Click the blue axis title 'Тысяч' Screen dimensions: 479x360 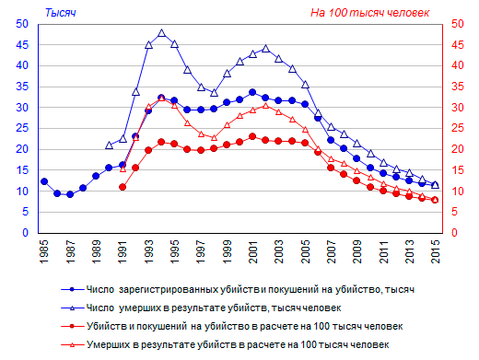pyautogui.click(x=61, y=13)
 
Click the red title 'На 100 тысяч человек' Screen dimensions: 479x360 pyautogui.click(x=369, y=13)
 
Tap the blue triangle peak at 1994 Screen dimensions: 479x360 pyautogui.click(x=162, y=33)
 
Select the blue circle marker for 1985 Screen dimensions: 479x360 pyautogui.click(x=44, y=181)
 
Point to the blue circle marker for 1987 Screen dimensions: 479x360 pyautogui.click(x=70, y=194)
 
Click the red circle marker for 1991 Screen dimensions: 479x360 pyautogui.click(x=123, y=187)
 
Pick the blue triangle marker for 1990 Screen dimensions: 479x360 pyautogui.click(x=110, y=145)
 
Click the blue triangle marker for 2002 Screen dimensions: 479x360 pyautogui.click(x=266, y=49)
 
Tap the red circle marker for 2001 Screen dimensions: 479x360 pyautogui.click(x=252, y=136)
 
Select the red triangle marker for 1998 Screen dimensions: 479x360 pyautogui.click(x=215, y=138)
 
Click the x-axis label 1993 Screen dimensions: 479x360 pyautogui.click(x=149, y=251)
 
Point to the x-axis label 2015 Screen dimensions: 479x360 pyautogui.click(x=436, y=251)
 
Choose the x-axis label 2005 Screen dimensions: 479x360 pyautogui.click(x=305, y=251)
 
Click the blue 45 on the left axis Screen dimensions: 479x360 pyautogui.click(x=22, y=45)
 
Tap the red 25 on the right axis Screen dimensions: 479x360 pyautogui.click(x=458, y=128)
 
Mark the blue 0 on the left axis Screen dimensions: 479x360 pyautogui.click(x=25, y=233)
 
